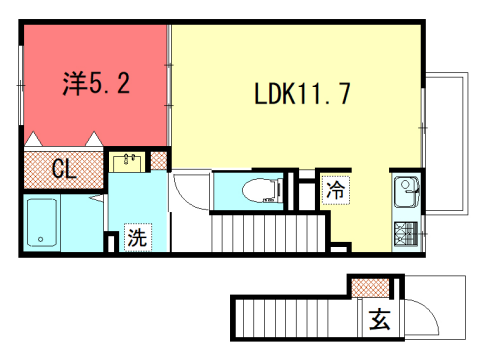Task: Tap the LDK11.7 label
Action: click(x=299, y=94)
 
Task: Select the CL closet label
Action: click(x=62, y=169)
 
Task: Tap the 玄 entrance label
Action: click(x=379, y=321)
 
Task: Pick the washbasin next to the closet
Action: click(x=128, y=160)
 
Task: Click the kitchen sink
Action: click(x=407, y=187)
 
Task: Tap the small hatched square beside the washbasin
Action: click(x=159, y=159)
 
